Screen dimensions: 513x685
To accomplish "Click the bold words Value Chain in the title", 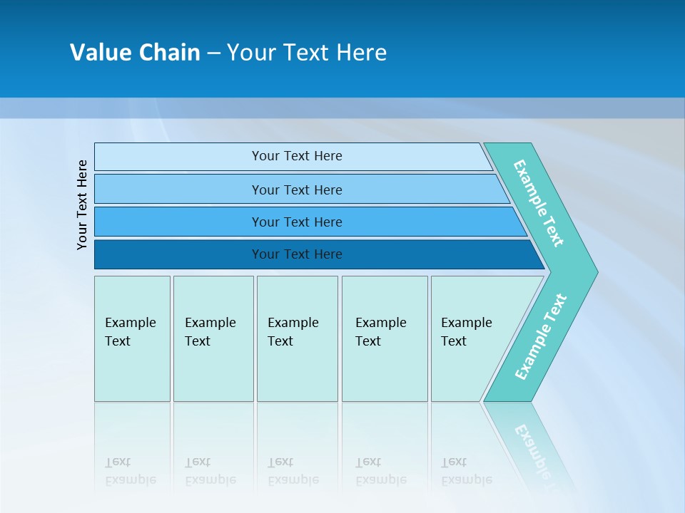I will coord(135,53).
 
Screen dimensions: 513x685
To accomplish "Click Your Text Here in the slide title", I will coord(307,53).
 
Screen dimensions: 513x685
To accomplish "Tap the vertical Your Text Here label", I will coord(82,204).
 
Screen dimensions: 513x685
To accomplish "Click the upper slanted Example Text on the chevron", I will coord(539,203).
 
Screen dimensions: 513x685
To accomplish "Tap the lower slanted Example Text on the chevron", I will coord(541,336).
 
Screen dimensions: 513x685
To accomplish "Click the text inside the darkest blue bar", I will coord(297,254).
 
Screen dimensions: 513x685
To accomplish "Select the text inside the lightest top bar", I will coord(297,156).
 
